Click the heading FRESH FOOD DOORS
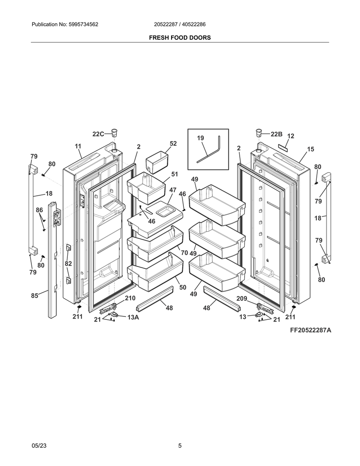[180, 38]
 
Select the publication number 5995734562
[83, 25]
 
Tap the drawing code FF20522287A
[311, 330]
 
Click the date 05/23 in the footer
[39, 446]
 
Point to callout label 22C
[98, 134]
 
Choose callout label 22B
[277, 134]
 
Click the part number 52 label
[173, 144]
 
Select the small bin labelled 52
[157, 162]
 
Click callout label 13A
[133, 317]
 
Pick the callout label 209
[242, 298]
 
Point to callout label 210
[130, 298]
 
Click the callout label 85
[35, 296]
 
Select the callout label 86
[39, 210]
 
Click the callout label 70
[185, 252]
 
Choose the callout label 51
[174, 174]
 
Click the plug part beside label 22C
[114, 132]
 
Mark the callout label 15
[310, 149]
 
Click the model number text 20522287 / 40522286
[180, 25]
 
